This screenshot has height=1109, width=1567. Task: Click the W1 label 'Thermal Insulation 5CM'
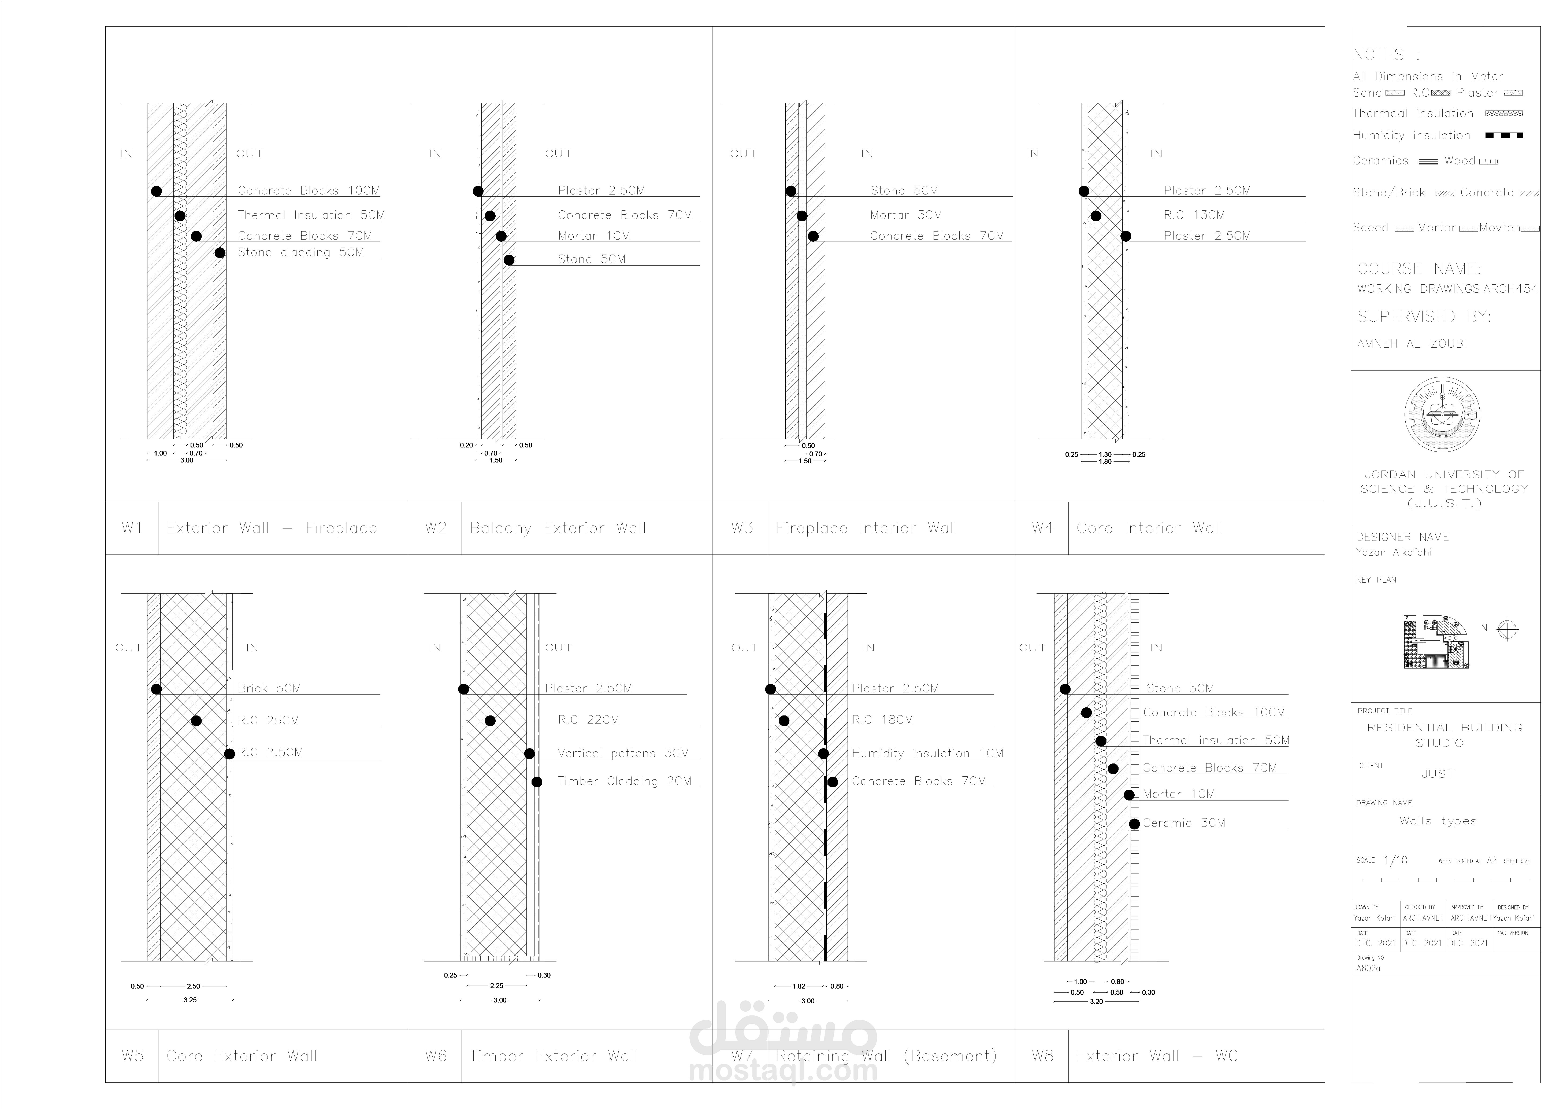click(311, 215)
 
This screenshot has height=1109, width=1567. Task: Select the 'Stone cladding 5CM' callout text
click(301, 252)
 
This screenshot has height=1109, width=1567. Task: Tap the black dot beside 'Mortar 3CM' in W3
click(802, 216)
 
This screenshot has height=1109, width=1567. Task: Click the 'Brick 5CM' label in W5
click(269, 688)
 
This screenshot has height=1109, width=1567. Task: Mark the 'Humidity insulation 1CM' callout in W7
click(927, 753)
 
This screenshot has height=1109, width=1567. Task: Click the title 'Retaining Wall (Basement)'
click(886, 1056)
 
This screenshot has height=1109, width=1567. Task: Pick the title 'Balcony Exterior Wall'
click(558, 528)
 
